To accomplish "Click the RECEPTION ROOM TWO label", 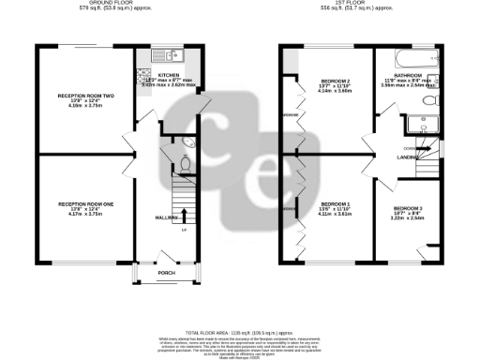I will [x=86, y=97].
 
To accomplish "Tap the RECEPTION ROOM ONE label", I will [x=86, y=202].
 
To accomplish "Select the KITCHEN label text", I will [x=169, y=75].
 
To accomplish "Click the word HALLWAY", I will [x=141, y=217].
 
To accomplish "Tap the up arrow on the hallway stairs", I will [x=184, y=216].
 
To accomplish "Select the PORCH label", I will [x=166, y=273].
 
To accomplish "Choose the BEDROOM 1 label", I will [x=335, y=203].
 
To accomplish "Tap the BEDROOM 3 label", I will [x=408, y=207].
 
